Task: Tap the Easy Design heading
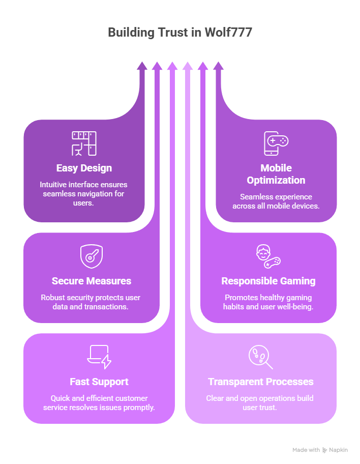[84, 168]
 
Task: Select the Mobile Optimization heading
[276, 174]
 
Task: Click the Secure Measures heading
[92, 281]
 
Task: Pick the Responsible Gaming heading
[268, 281]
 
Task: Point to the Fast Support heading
[99, 382]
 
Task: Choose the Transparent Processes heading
[261, 382]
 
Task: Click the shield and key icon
[92, 256]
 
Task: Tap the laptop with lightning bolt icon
[99, 356]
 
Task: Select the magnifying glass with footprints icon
[260, 357]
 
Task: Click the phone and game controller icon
[276, 143]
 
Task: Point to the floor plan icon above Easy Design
[84, 143]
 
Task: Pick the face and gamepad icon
[268, 256]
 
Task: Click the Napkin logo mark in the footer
[324, 450]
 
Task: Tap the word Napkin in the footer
[338, 450]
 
